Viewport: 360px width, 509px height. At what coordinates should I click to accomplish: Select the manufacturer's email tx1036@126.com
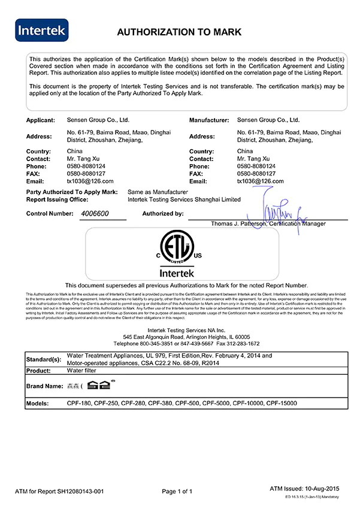(259, 181)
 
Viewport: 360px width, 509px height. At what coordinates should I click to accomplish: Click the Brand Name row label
(45, 386)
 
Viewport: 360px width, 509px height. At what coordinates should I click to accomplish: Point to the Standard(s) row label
(44, 359)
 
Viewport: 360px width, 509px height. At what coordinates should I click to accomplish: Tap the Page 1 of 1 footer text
(177, 492)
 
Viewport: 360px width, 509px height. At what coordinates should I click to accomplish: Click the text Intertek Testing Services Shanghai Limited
(184, 199)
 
